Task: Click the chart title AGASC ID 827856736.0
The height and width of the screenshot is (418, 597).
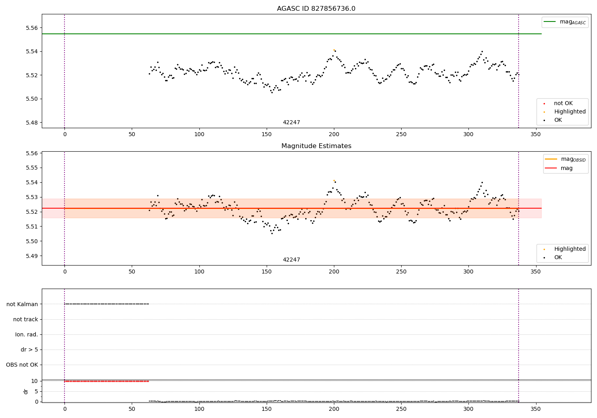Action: point(316,9)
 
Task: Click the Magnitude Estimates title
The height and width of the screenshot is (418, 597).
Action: point(316,146)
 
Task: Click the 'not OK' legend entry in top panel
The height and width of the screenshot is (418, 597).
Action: point(563,104)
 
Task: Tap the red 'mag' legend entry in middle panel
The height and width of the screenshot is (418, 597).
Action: point(566,168)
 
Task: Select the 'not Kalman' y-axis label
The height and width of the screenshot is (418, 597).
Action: point(22,304)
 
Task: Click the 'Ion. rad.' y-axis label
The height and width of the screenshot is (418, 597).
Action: point(27,335)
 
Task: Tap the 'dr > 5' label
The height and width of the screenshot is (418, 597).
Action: point(29,350)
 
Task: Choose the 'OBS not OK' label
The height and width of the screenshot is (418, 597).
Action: point(22,365)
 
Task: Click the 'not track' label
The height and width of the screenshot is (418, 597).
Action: point(25,320)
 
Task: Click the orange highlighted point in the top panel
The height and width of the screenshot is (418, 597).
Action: point(334,50)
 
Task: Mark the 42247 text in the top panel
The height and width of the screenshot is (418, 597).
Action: point(291,123)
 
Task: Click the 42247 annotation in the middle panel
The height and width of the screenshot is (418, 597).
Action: point(291,260)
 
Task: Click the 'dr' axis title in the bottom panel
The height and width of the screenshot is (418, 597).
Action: point(26,391)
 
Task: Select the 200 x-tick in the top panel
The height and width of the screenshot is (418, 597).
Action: point(334,135)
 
